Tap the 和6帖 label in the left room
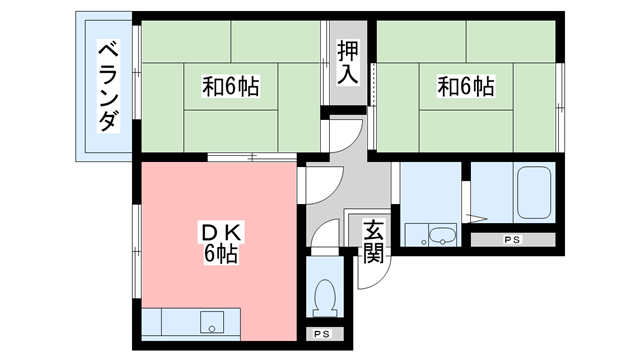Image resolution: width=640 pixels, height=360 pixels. [231, 87]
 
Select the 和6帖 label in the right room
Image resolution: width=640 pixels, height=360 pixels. [465, 87]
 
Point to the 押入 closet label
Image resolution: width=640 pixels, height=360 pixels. [348, 62]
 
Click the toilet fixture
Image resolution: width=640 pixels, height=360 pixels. [323, 295]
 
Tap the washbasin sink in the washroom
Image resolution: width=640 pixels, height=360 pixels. [440, 236]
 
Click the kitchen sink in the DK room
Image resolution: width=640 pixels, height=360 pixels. [212, 323]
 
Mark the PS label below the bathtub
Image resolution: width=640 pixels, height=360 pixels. [512, 240]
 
